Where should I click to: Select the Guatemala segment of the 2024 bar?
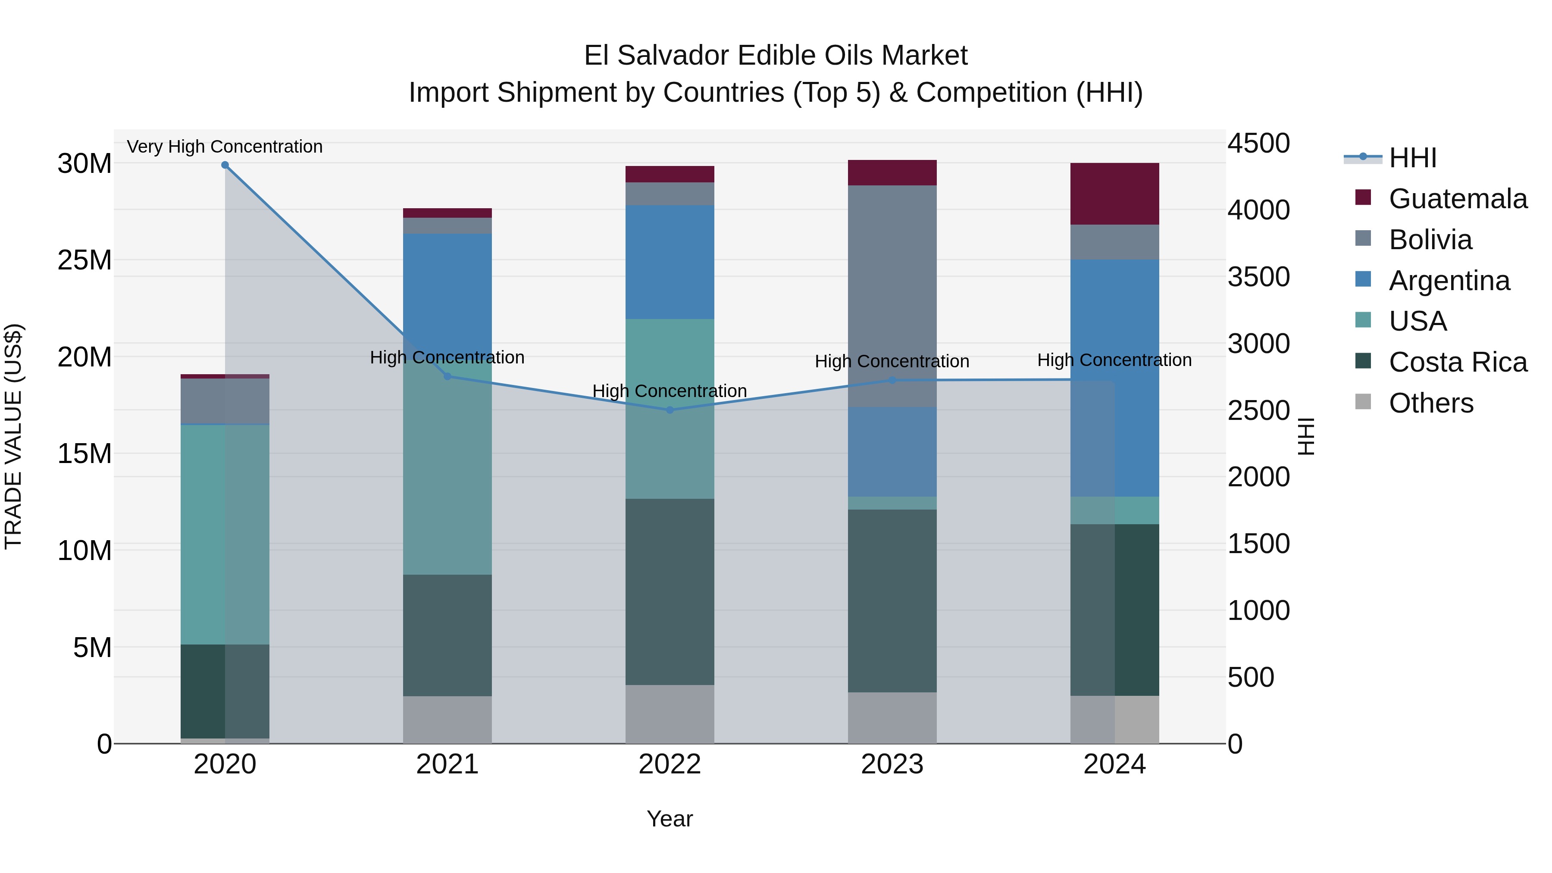[1114, 194]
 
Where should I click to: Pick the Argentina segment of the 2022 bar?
[670, 262]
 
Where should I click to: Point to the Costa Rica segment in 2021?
[447, 635]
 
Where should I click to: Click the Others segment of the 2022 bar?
[670, 714]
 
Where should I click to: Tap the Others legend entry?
[1431, 403]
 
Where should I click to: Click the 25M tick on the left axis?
[84, 260]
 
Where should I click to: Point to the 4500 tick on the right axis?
[1258, 144]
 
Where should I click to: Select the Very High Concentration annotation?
[225, 147]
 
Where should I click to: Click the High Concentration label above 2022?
[670, 391]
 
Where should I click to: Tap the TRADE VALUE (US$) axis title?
[13, 436]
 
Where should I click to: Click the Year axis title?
[670, 819]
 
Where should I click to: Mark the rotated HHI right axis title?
[1305, 436]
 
